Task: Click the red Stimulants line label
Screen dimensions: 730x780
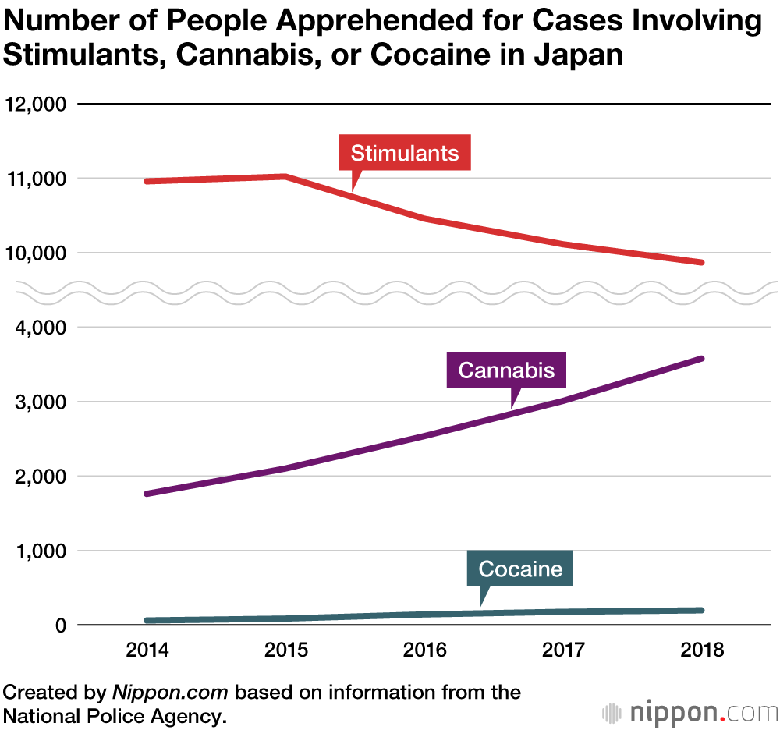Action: pos(405,152)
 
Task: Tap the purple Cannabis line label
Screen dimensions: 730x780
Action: pos(506,369)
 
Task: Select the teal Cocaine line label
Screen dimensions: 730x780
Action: pos(520,569)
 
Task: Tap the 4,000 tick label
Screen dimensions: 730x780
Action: pos(38,328)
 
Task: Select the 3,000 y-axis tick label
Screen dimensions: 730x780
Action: pos(38,402)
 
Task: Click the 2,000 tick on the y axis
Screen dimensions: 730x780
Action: pos(38,477)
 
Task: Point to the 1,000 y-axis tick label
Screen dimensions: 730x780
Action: pos(38,551)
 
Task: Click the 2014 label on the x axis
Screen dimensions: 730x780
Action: pos(147,650)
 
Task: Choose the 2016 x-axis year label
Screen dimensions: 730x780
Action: pos(424,650)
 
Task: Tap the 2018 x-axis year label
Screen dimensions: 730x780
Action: pos(701,650)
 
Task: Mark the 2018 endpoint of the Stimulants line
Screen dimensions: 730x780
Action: pos(701,263)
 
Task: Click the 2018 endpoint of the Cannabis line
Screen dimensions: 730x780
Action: pos(701,359)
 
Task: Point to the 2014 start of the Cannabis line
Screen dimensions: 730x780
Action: pos(147,494)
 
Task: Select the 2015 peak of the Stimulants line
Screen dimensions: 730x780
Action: pos(286,176)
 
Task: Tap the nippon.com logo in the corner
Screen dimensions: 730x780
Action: pos(691,712)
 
